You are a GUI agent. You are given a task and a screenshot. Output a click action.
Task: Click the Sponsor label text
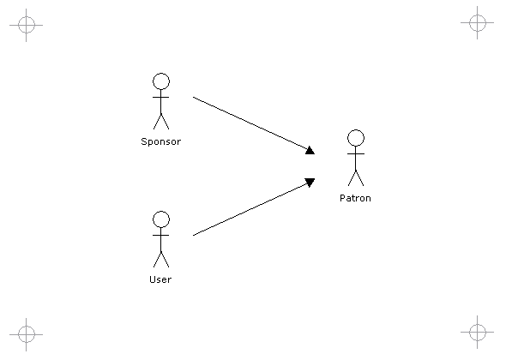[x=161, y=141]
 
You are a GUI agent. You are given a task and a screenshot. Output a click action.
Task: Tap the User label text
[x=160, y=279]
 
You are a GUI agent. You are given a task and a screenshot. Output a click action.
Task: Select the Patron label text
[x=355, y=198]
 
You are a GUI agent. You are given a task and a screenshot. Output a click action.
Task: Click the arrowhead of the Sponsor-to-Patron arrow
[x=310, y=150]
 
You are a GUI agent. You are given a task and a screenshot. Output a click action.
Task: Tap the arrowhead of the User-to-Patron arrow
[x=310, y=183]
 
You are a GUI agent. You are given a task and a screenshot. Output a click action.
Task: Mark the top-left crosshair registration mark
[x=26, y=25]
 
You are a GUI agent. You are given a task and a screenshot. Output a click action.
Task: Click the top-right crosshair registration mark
[x=478, y=22]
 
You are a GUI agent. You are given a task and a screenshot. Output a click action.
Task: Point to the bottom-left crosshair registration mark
[x=26, y=334]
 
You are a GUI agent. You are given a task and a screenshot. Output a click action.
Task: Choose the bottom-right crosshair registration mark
[x=478, y=332]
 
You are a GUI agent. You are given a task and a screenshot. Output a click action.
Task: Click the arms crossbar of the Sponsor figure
[x=161, y=97]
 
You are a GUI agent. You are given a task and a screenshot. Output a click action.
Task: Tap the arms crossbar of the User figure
[x=161, y=235]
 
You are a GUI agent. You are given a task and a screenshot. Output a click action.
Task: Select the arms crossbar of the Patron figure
[x=356, y=154]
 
